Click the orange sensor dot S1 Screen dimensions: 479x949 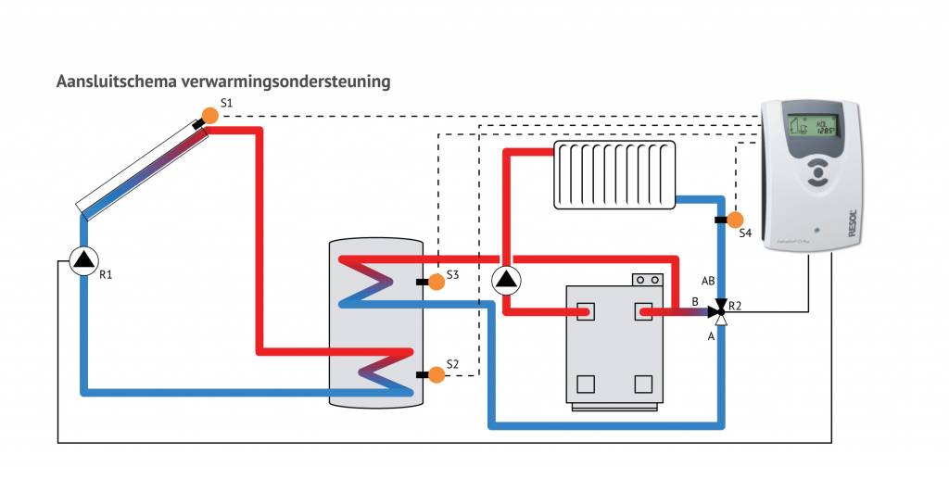coord(209,116)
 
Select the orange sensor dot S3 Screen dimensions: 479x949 coord(436,283)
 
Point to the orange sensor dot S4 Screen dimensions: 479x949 coord(735,220)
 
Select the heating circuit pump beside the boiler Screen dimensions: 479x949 coord(507,280)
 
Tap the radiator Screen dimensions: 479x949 coord(614,174)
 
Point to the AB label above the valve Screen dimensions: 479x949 coord(709,280)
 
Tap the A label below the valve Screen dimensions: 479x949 coord(711,337)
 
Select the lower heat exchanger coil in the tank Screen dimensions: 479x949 coord(378,371)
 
